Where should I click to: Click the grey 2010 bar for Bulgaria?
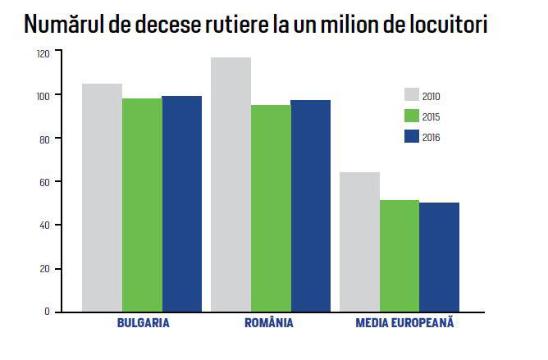[x=102, y=198]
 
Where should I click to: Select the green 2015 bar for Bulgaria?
[x=142, y=205]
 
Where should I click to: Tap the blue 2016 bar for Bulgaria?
[x=182, y=204]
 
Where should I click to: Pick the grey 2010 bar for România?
[x=231, y=185]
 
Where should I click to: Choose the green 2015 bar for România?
[x=271, y=208]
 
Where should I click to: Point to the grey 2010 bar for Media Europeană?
[x=359, y=242]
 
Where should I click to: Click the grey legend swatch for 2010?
[x=413, y=95]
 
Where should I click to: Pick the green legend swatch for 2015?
[x=413, y=116]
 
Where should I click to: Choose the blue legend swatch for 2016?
[x=413, y=136]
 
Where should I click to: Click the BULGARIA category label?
[x=142, y=323]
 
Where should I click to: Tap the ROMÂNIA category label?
[x=269, y=323]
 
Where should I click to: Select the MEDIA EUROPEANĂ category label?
[x=404, y=323]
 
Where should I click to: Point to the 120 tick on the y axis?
[x=43, y=52]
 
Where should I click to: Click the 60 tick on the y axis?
[x=45, y=182]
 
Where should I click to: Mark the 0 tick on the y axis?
[x=48, y=312]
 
